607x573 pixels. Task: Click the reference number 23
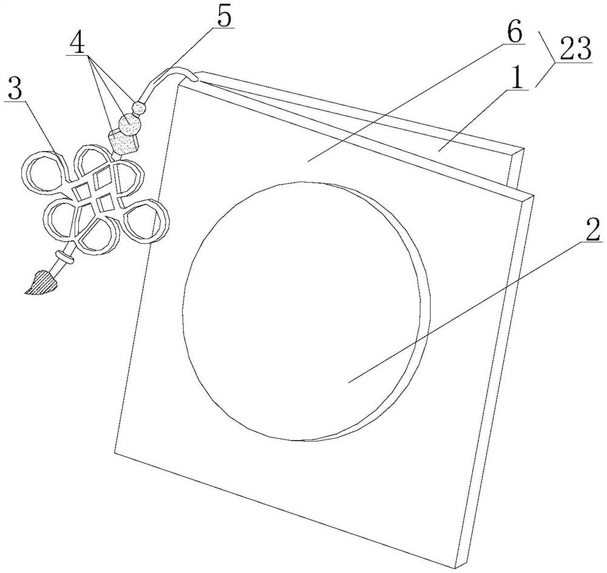click(575, 49)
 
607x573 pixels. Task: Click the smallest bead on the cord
click(138, 107)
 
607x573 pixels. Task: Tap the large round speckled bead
click(129, 124)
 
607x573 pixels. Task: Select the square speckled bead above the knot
click(123, 143)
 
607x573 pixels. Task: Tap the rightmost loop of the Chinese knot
click(146, 222)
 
